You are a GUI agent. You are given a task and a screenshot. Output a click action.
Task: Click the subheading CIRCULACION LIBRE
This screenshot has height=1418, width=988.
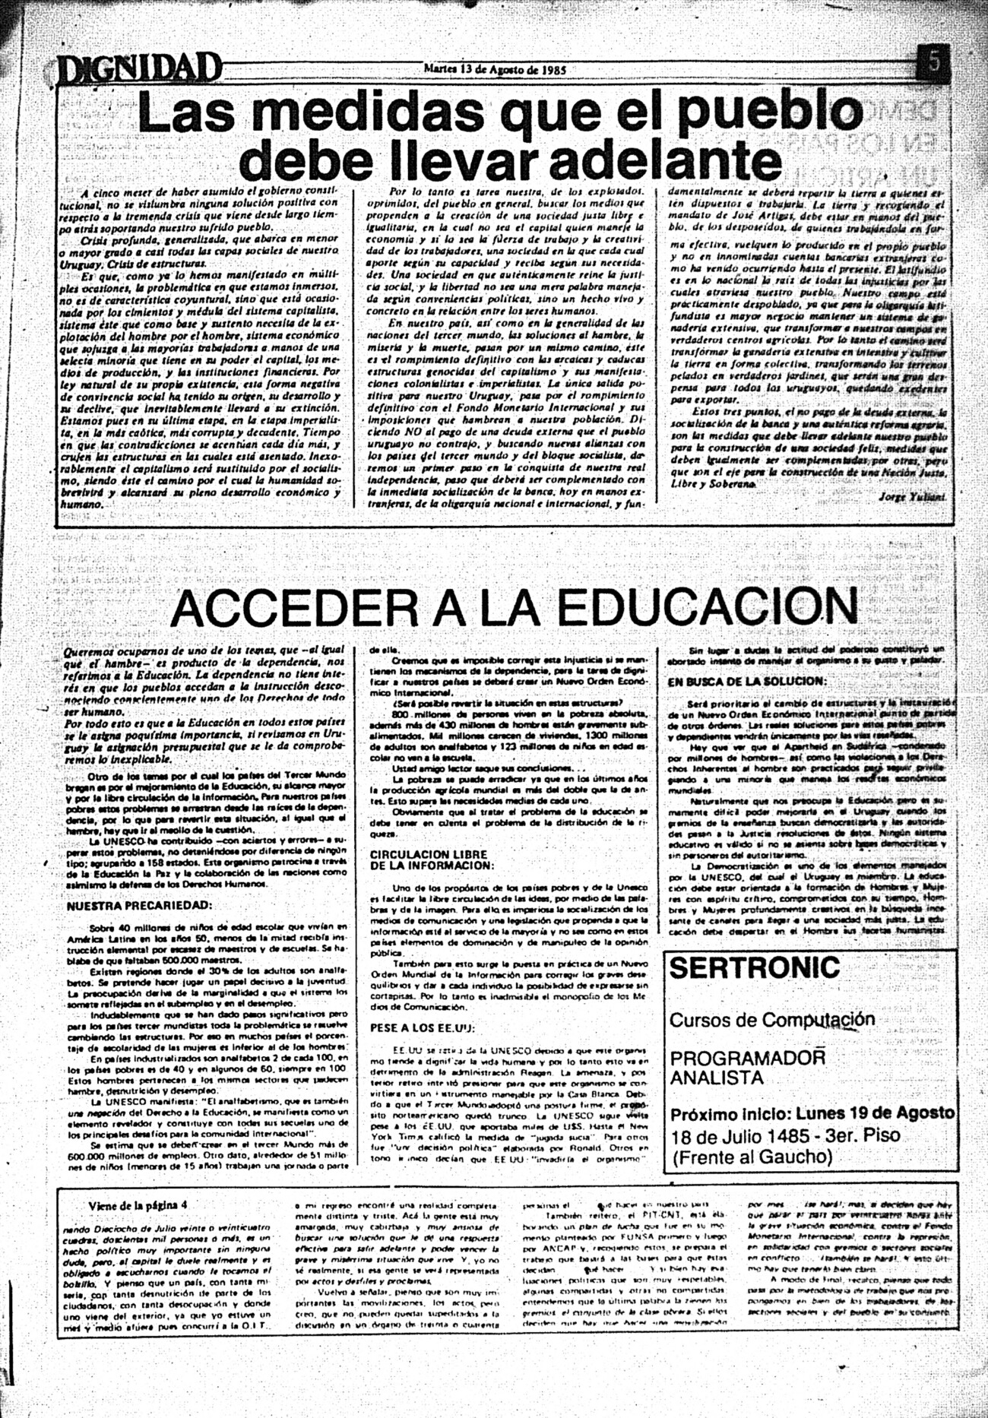click(x=428, y=855)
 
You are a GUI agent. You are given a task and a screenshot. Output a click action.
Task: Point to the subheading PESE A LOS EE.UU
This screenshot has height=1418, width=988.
click(x=422, y=1028)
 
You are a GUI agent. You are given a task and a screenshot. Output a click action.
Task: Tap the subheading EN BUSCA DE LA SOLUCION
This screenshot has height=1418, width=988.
click(x=746, y=682)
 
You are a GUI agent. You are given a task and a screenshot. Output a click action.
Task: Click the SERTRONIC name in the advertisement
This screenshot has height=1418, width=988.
click(x=755, y=968)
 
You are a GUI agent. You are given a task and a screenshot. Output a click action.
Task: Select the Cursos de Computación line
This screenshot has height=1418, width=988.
click(x=771, y=1020)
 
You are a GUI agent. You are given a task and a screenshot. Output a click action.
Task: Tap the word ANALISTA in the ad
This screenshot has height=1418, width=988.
click(x=717, y=1078)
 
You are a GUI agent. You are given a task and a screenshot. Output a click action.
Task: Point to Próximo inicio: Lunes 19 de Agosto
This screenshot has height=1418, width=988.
click(x=812, y=1113)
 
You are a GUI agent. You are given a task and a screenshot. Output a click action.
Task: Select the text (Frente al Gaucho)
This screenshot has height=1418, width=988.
click(x=752, y=1157)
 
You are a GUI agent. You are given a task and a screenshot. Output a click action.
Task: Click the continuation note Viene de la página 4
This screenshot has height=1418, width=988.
click(x=138, y=1204)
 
